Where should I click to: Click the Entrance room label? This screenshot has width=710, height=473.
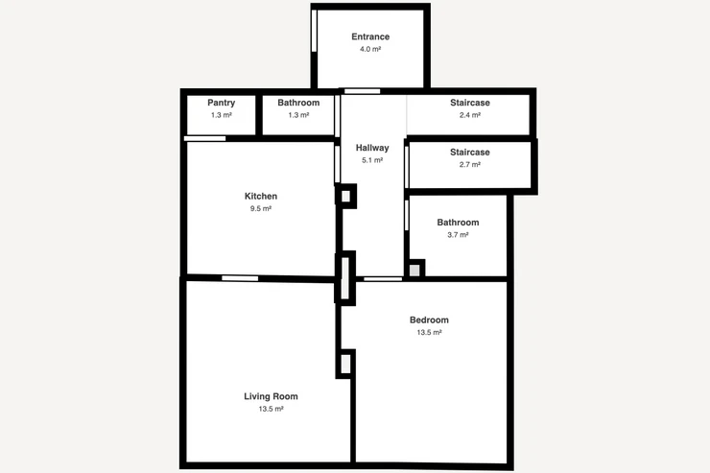370,36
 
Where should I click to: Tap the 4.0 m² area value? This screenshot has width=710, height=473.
370,49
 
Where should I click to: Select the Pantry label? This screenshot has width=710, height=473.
222,103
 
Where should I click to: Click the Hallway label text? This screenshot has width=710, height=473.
372,148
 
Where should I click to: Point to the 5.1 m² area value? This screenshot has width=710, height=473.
372,160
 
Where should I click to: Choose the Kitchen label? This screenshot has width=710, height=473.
261,196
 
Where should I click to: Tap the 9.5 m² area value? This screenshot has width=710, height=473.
261,208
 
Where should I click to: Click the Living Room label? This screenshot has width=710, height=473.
271,396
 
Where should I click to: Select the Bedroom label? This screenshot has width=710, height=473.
429,320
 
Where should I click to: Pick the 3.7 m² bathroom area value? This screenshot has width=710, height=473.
458,235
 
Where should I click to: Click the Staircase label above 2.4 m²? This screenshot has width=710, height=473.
470,103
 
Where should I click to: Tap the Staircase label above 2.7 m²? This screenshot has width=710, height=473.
470,153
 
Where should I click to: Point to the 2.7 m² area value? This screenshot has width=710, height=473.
470,165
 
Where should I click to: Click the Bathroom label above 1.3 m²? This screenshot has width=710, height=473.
298,103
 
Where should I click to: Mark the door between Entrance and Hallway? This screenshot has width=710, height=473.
363,91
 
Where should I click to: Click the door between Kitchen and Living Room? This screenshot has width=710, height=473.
240,278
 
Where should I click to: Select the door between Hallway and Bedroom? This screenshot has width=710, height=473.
383,279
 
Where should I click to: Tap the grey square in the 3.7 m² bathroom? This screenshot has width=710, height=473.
414,271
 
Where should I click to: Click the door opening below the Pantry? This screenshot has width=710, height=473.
204,138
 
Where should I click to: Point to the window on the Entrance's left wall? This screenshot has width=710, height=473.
315,31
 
